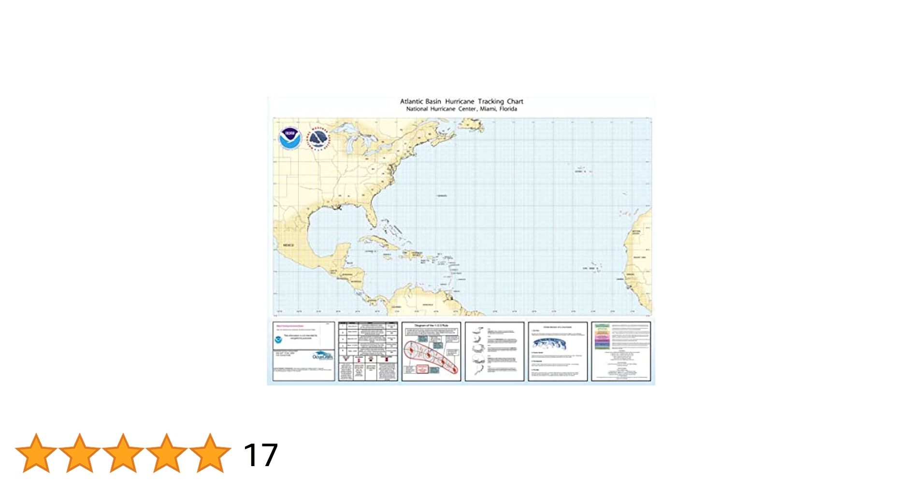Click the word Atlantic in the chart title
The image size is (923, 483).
411,101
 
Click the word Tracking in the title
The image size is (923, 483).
490,101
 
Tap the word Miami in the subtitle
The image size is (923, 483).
488,109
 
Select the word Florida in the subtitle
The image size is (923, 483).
508,109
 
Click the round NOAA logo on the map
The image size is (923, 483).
290,139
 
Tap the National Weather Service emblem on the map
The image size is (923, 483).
318,139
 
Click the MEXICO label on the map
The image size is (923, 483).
288,245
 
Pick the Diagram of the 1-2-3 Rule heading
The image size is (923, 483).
431,326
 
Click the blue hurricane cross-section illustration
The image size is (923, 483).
548,343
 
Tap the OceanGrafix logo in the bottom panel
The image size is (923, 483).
322,356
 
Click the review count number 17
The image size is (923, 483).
260,455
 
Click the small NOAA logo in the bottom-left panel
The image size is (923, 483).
278,340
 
